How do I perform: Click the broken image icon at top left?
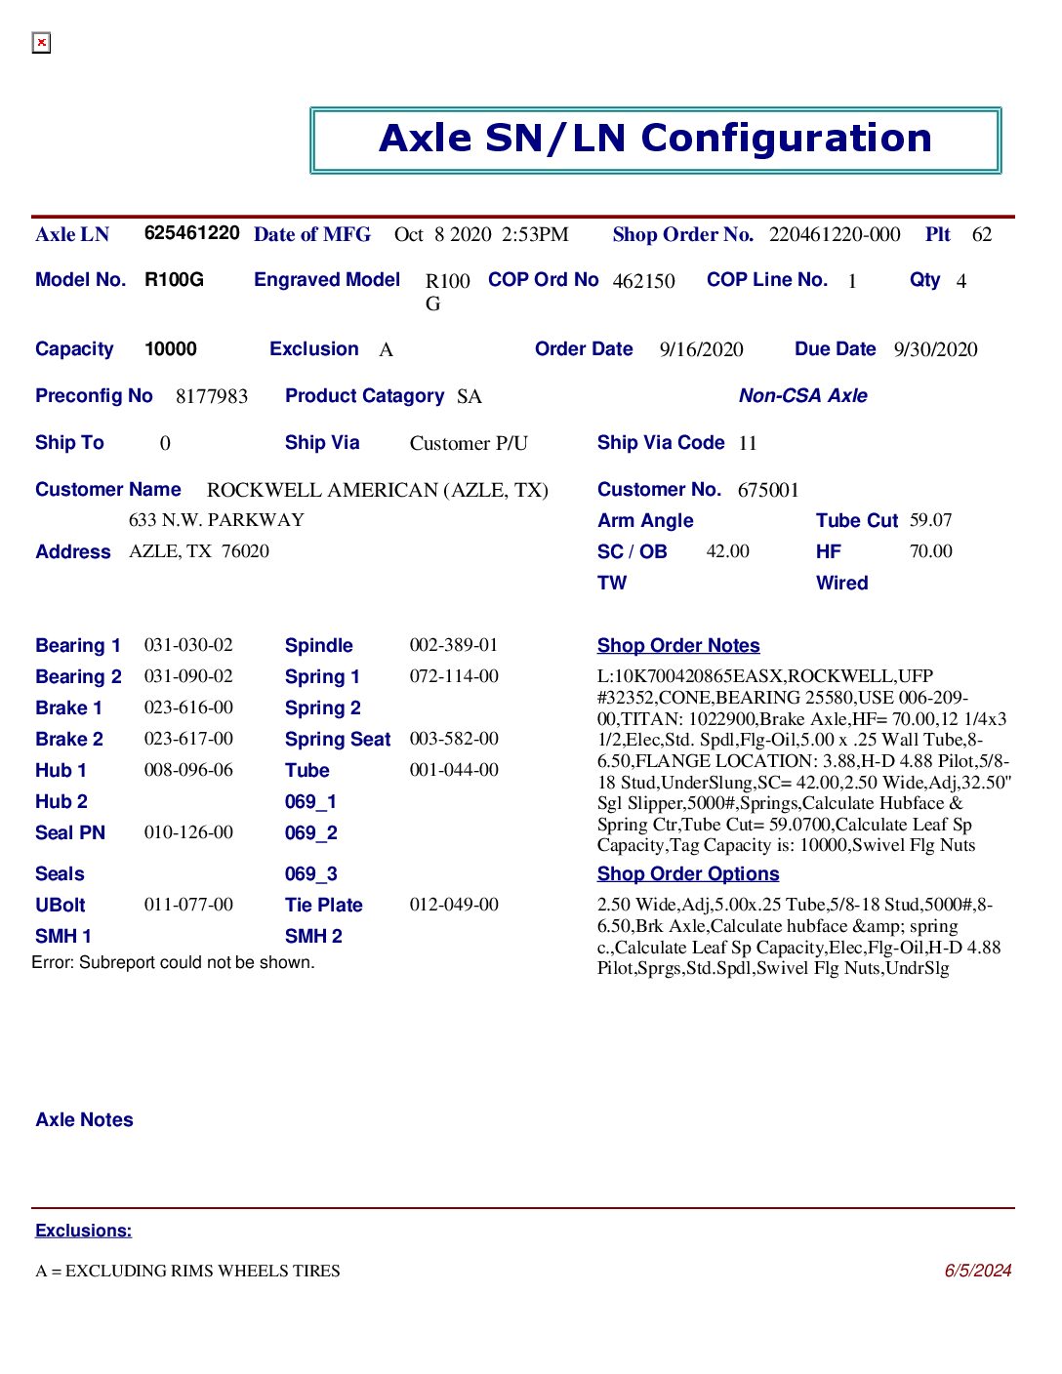click(x=41, y=43)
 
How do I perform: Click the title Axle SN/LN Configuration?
click(x=655, y=139)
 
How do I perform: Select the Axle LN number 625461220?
click(x=191, y=233)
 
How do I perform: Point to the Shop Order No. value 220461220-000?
click(x=835, y=235)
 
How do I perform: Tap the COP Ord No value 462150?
click(x=643, y=281)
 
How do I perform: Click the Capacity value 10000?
click(x=171, y=349)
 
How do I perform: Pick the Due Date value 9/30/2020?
click(x=935, y=350)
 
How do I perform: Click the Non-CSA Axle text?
click(x=802, y=396)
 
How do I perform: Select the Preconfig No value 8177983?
click(x=212, y=396)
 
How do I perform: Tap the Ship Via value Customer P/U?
click(x=469, y=444)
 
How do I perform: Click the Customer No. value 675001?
click(x=768, y=490)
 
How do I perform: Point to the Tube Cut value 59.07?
click(x=930, y=520)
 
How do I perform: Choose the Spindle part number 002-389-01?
click(x=454, y=645)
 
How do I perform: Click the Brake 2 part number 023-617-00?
click(x=188, y=739)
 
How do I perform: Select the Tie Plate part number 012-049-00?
click(x=454, y=905)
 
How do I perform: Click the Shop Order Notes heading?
click(x=678, y=646)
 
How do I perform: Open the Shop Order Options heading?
click(x=688, y=874)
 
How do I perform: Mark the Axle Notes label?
click(x=84, y=1120)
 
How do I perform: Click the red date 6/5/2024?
click(x=977, y=1271)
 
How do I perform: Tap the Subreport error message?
click(x=173, y=962)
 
